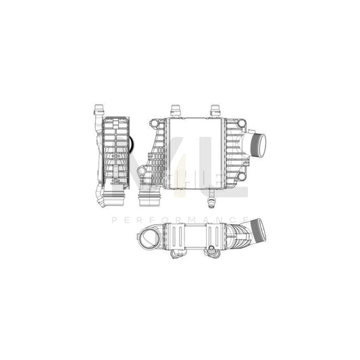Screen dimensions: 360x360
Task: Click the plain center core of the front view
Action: click(194, 153)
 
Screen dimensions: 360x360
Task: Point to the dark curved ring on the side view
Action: click(132, 145)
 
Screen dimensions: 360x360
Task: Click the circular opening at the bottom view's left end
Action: click(148, 238)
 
